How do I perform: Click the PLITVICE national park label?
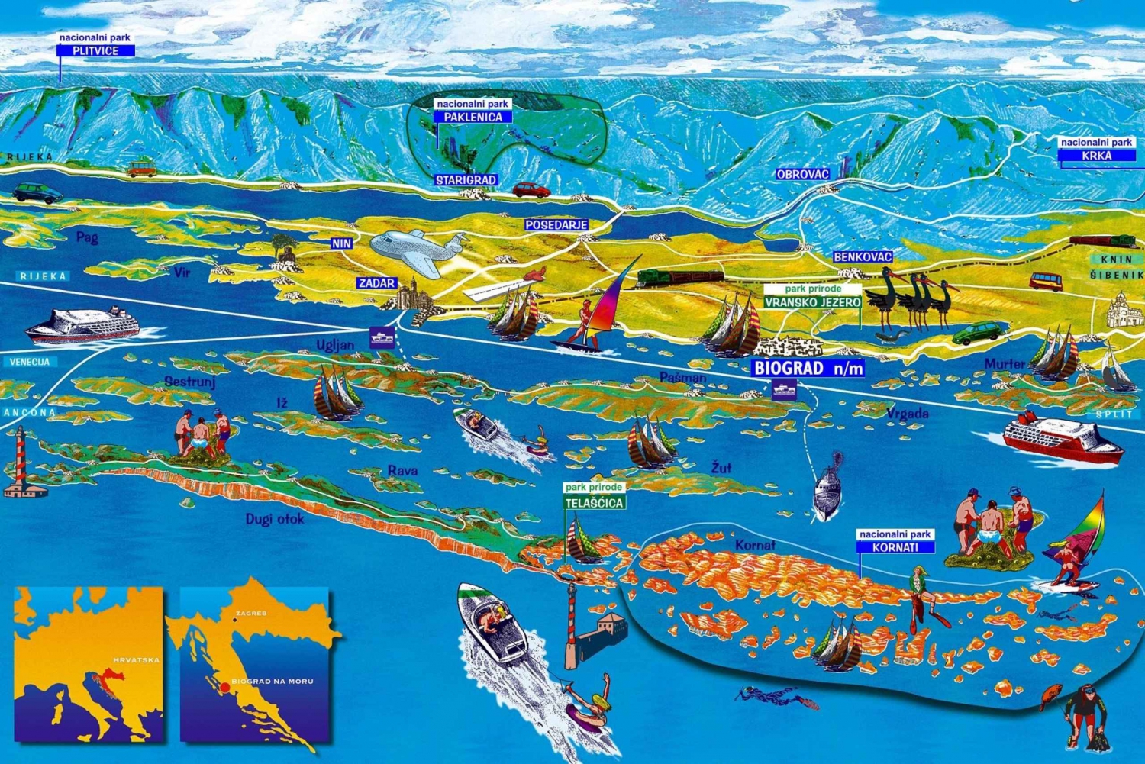coord(95,50)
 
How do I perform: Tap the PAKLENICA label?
coord(473,117)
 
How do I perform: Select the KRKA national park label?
coord(1097,155)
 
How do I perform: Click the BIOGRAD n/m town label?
coord(808,368)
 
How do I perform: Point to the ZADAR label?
coord(377,282)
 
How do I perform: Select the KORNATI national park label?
coord(895,546)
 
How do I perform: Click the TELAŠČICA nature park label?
coord(595,502)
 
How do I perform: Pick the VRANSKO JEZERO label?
coord(813,301)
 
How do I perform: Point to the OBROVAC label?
coord(802,174)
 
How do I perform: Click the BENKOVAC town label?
coord(863,256)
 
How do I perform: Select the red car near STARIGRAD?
coord(531,189)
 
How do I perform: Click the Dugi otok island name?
coord(275,519)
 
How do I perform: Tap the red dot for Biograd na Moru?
coord(224,688)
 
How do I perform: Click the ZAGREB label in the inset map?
coord(251,614)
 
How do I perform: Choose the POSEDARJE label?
coord(556,225)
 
